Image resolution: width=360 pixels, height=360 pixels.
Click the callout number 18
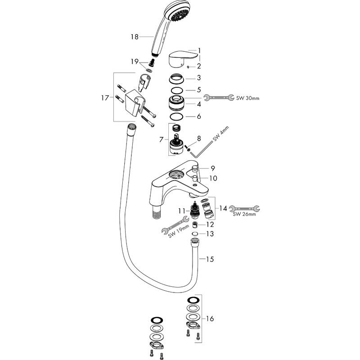click(x=135, y=37)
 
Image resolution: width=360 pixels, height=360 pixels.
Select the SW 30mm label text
click(x=248, y=98)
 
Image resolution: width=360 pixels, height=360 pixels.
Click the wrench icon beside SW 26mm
click(x=244, y=208)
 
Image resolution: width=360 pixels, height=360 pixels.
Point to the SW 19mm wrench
click(x=175, y=225)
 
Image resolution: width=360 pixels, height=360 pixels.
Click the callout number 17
click(x=105, y=98)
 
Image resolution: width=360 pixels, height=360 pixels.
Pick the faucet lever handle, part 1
click(x=184, y=60)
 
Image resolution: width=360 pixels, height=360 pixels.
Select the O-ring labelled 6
click(x=176, y=117)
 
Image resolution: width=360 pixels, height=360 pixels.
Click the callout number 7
click(x=162, y=139)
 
